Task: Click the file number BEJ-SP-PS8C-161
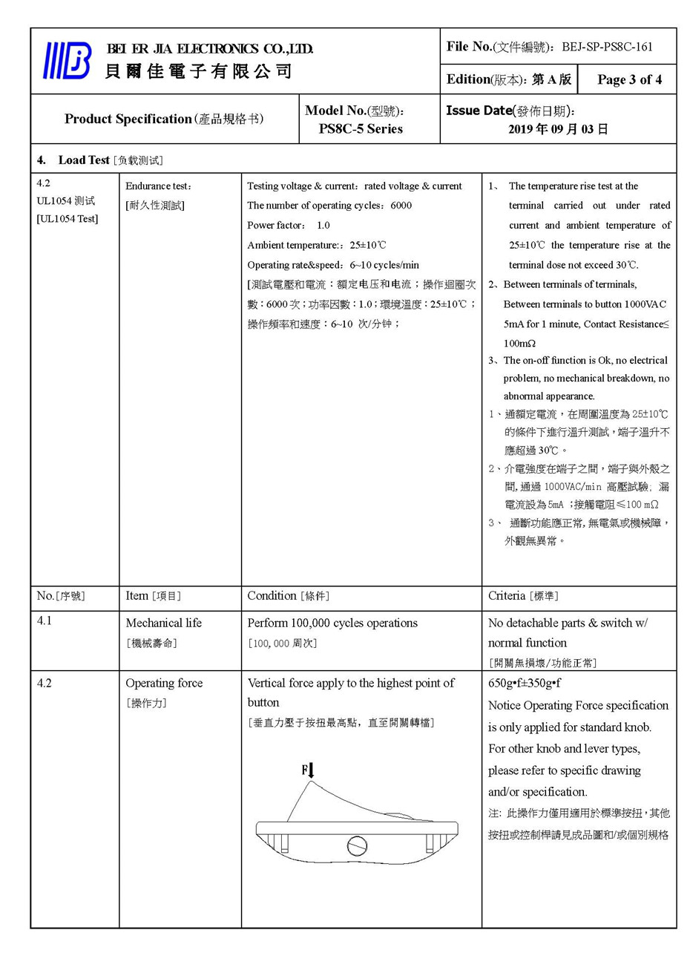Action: pyautogui.click(x=607, y=47)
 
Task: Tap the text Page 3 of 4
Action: pyautogui.click(x=629, y=79)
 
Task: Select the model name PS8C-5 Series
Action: pyautogui.click(x=361, y=128)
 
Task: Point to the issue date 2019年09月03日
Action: pyautogui.click(x=558, y=128)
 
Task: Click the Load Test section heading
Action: pyautogui.click(x=84, y=160)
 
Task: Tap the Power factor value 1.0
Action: pyautogui.click(x=323, y=225)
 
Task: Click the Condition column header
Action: pyautogui.click(x=272, y=596)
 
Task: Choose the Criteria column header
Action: pyautogui.click(x=507, y=596)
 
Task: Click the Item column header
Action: pyautogui.click(x=137, y=596)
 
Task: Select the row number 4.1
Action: pyautogui.click(x=45, y=620)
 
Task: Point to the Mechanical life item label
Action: pyautogui.click(x=163, y=623)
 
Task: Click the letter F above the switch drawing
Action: pyautogui.click(x=304, y=770)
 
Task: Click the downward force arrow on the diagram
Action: pyautogui.click(x=312, y=770)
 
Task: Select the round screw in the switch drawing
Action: pyautogui.click(x=357, y=845)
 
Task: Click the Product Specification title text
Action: pyautogui.click(x=128, y=119)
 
